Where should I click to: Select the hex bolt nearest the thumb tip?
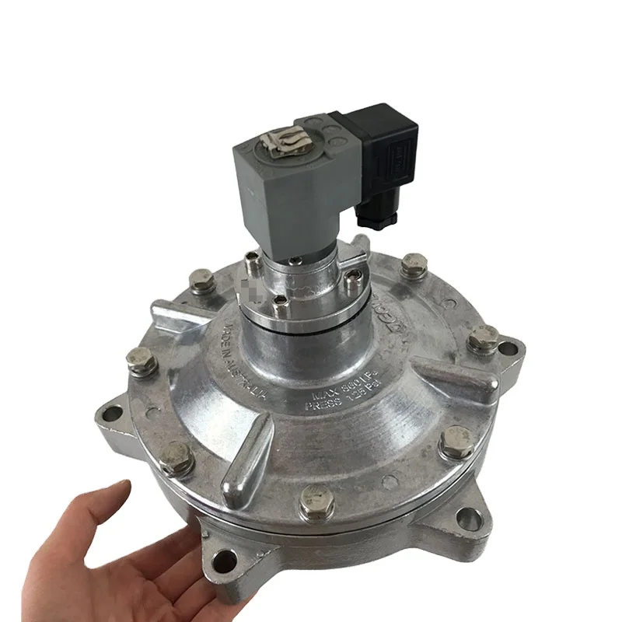tap(177, 459)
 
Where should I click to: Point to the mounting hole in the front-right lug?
tap(467, 519)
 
